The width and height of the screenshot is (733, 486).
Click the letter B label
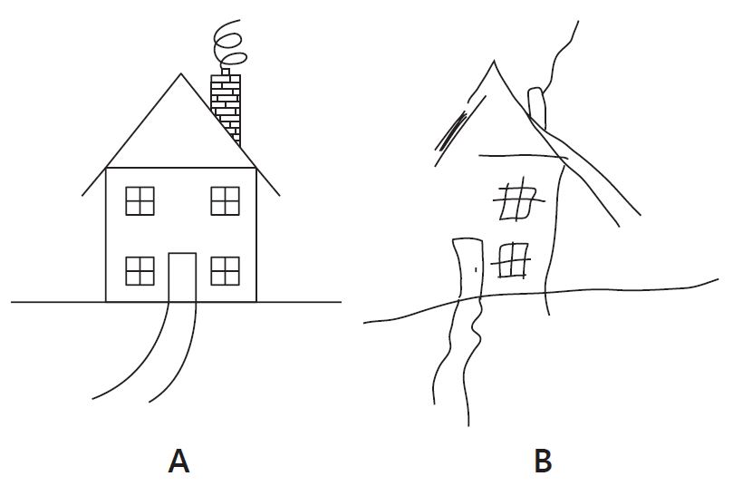(x=543, y=461)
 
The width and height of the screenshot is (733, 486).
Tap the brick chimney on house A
(x=227, y=109)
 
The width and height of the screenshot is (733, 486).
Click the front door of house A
(x=182, y=277)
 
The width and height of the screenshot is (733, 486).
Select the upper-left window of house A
(x=140, y=201)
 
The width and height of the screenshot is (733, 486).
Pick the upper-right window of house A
(x=225, y=201)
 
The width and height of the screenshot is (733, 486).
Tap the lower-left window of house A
(x=140, y=271)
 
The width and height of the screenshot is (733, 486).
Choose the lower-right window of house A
(x=225, y=271)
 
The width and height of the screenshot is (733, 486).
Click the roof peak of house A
(x=181, y=74)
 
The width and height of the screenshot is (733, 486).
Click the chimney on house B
(x=537, y=107)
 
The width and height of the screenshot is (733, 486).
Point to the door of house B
(x=468, y=269)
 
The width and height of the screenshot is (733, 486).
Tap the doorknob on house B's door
(x=476, y=269)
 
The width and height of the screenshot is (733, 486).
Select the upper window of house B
(x=518, y=199)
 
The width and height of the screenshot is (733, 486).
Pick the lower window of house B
(x=511, y=261)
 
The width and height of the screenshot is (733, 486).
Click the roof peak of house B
(x=494, y=61)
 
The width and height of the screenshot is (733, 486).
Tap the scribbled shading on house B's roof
(x=452, y=130)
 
